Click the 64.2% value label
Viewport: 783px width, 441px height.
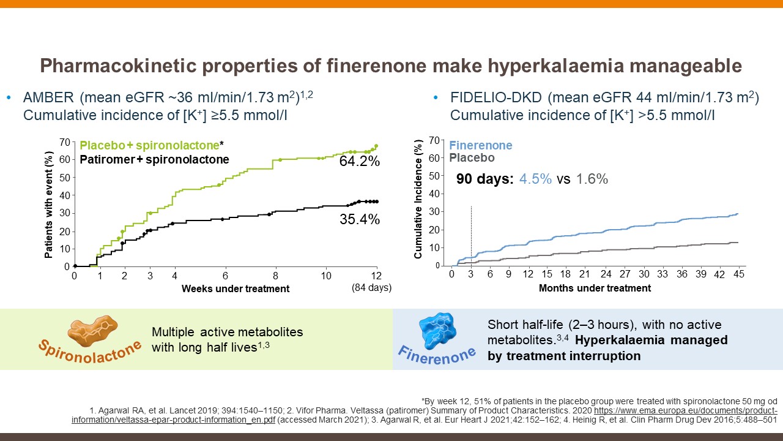[x=360, y=162]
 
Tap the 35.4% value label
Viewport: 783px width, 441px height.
[x=360, y=219]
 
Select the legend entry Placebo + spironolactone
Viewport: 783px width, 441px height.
[x=149, y=146]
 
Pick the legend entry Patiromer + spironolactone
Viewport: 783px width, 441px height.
[x=154, y=159]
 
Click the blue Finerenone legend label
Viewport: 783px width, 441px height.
[x=481, y=146]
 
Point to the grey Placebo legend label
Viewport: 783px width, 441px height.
[x=472, y=158]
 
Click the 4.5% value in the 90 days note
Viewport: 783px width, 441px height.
[x=536, y=179]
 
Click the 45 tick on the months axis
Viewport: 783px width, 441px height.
[x=738, y=274]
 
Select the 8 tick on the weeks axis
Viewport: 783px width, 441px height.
[x=275, y=276]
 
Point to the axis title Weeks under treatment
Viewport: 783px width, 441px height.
[x=236, y=288]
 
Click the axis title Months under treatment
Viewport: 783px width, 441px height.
[x=595, y=288]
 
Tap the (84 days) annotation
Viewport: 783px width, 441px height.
[x=371, y=287]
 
